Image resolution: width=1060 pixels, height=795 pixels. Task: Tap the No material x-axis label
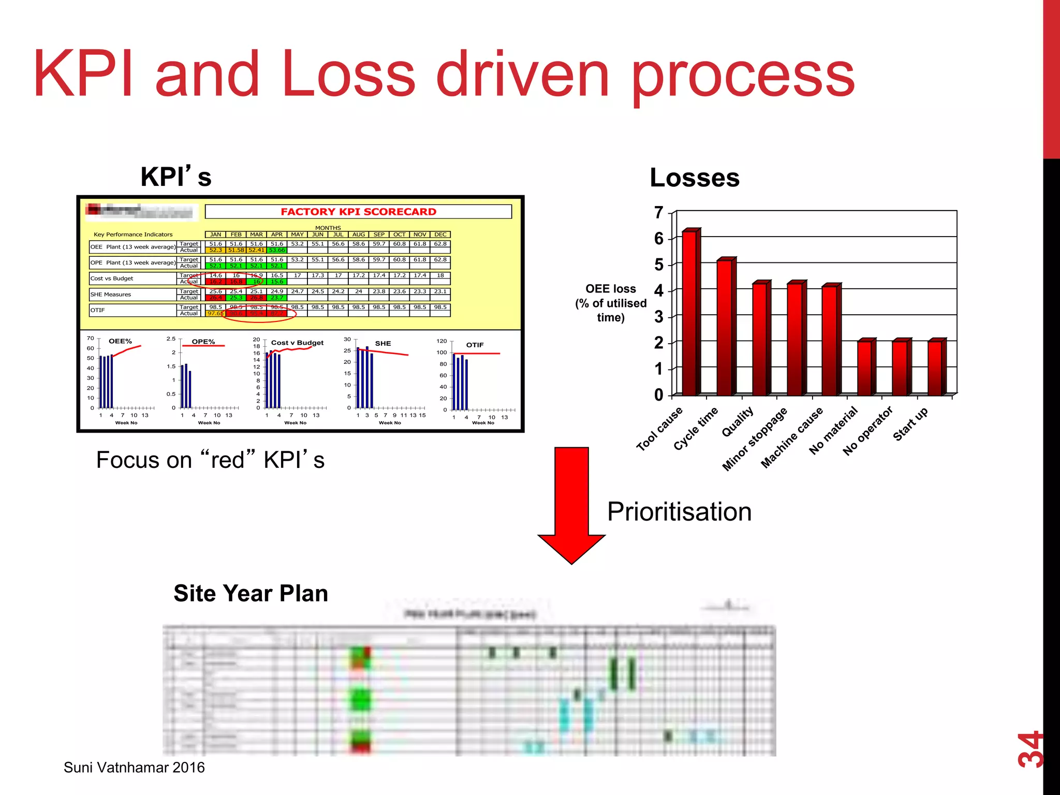pos(833,431)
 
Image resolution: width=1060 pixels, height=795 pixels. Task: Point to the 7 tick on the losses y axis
pos(658,213)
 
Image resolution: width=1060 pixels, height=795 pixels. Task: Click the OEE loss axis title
pos(611,303)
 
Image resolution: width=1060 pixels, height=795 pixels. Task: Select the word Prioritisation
pos(679,512)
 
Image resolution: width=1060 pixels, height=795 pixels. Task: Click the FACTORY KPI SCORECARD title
pos(358,212)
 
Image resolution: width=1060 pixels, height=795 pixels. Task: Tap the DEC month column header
pos(440,234)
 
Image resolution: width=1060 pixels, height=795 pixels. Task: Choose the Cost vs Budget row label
pos(112,278)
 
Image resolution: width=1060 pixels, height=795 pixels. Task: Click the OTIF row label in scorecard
pos(98,310)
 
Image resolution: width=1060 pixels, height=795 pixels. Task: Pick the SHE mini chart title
pos(383,343)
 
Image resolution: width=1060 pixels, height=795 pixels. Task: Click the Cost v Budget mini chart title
pos(297,343)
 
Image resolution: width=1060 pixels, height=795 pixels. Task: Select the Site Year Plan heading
pos(251,593)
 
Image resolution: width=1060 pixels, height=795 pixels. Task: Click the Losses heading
pos(695,178)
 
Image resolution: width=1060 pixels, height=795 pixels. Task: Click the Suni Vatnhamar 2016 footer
pos(134,767)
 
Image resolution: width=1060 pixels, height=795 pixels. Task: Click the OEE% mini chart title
pos(120,341)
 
